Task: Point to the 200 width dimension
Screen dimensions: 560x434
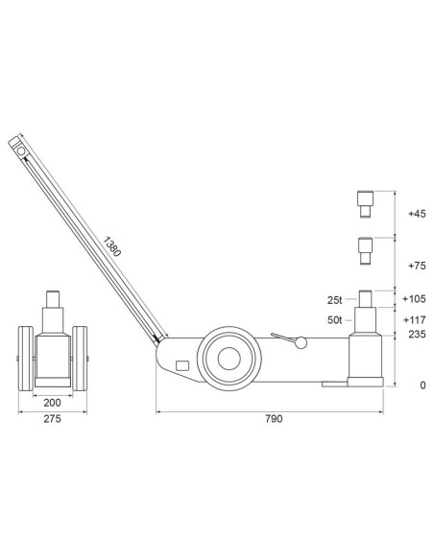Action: point(53,405)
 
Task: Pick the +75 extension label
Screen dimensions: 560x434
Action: point(416,266)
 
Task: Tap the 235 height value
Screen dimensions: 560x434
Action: point(416,335)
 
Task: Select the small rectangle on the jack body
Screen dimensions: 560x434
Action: point(182,365)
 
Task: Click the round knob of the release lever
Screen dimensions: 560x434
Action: point(301,342)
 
